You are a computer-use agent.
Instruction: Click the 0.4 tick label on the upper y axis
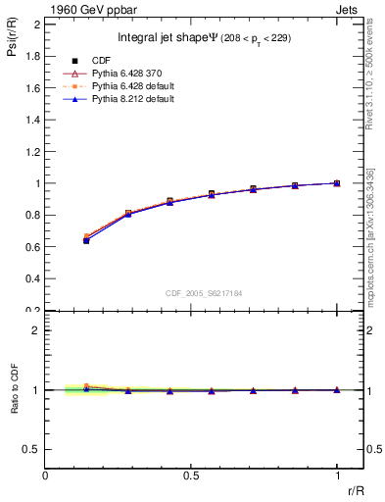(33, 279)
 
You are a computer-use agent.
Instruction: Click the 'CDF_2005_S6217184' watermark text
(206, 292)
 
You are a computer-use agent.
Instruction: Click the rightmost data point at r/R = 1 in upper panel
(337, 183)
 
